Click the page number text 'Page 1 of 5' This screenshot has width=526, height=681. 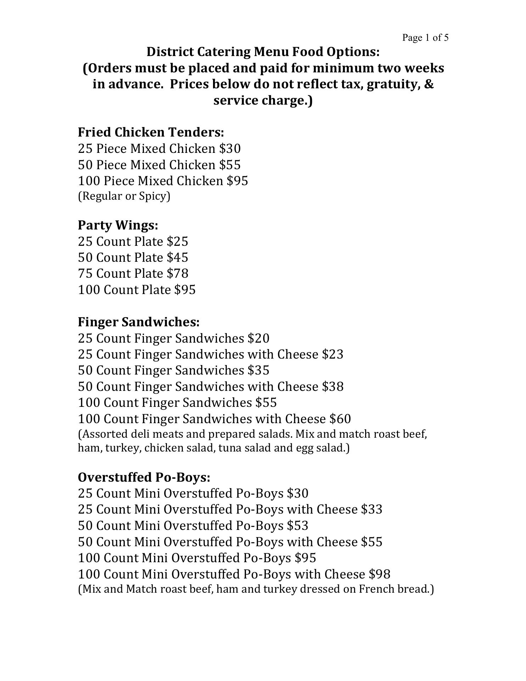click(425, 38)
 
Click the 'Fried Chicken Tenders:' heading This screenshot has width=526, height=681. click(151, 132)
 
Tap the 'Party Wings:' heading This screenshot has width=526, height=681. click(118, 225)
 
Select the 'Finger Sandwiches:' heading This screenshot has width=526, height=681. click(139, 322)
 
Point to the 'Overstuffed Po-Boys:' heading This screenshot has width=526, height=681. click(144, 477)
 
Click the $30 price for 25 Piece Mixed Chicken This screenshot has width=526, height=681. click(230, 149)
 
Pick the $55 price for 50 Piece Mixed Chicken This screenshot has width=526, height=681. click(230, 165)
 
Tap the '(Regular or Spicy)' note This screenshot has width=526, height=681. click(124, 196)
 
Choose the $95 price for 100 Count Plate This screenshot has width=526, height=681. click(185, 290)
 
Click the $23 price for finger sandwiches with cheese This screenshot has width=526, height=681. click(333, 354)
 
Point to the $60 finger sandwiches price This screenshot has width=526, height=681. click(340, 419)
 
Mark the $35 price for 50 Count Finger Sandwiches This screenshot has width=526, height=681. click(259, 370)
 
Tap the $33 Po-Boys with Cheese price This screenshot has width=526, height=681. click(372, 509)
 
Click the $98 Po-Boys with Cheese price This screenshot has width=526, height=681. click(380, 574)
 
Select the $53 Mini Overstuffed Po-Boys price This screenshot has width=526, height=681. click(298, 526)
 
